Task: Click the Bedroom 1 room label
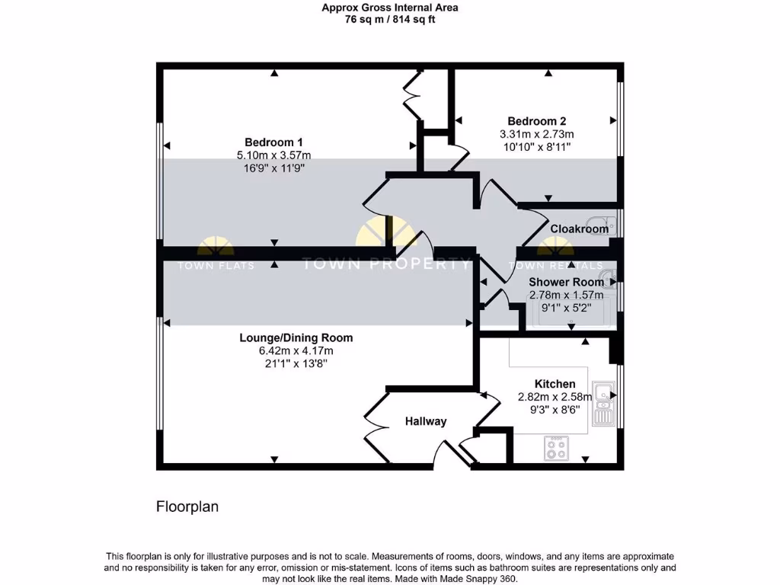pyautogui.click(x=274, y=142)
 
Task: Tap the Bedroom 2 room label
pyautogui.click(x=537, y=121)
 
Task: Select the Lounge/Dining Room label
pyautogui.click(x=296, y=338)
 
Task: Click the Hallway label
pyautogui.click(x=426, y=421)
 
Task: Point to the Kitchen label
pyautogui.click(x=555, y=384)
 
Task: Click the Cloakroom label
pyautogui.click(x=580, y=229)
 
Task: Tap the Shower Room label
pyautogui.click(x=566, y=282)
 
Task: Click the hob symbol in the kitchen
pyautogui.click(x=556, y=449)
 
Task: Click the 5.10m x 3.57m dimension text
pyautogui.click(x=274, y=155)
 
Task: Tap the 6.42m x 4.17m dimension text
pyautogui.click(x=296, y=351)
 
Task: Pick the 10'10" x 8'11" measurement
pyautogui.click(x=537, y=146)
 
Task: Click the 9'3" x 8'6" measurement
pyautogui.click(x=555, y=409)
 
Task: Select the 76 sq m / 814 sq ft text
pyautogui.click(x=390, y=20)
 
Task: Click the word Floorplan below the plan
pyautogui.click(x=187, y=507)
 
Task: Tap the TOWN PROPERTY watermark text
pyautogui.click(x=386, y=264)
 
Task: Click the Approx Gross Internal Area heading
pyautogui.click(x=390, y=8)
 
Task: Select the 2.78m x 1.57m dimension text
pyautogui.click(x=566, y=295)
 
